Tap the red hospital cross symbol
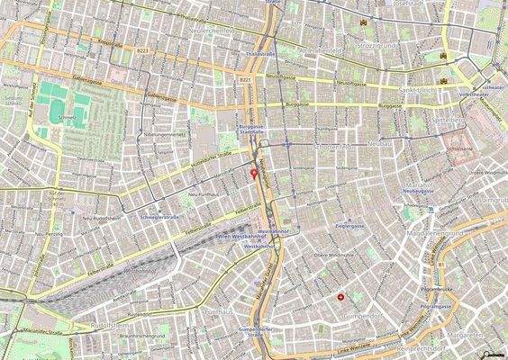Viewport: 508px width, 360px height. [340, 296]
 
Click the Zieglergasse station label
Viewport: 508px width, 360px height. [350, 226]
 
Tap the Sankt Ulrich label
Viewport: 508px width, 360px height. [417, 92]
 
